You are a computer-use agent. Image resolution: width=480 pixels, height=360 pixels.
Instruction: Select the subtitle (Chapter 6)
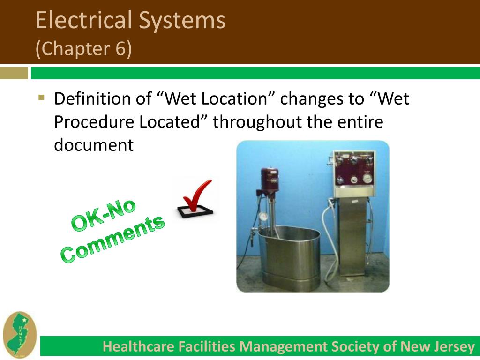84,49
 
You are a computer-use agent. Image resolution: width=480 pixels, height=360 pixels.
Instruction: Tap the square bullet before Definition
41,98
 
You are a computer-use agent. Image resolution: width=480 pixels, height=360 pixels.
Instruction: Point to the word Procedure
93,122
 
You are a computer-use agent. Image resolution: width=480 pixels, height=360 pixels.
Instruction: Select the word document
94,145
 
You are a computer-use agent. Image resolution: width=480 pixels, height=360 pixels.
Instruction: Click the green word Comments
113,239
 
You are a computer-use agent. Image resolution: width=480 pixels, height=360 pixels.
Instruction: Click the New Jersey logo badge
19,336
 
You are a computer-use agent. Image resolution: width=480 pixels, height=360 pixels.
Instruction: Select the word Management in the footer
283,347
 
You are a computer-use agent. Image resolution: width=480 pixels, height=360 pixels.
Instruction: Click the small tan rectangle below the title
14,73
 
